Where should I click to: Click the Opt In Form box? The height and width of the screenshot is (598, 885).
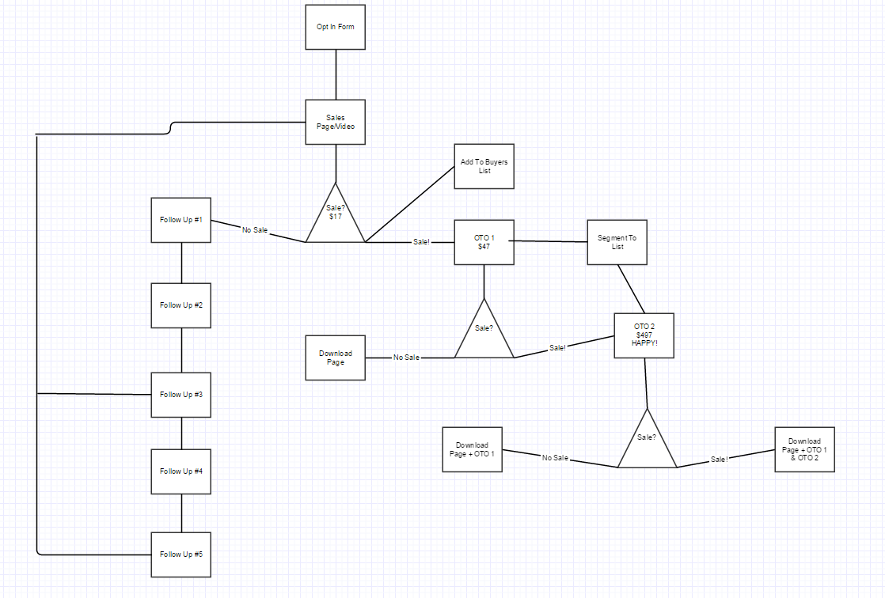336,27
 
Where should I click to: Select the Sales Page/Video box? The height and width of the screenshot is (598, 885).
336,122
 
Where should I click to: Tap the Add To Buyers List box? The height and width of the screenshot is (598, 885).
484,166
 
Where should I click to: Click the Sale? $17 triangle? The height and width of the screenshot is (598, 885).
336,218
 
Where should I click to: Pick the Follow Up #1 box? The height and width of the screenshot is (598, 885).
181,220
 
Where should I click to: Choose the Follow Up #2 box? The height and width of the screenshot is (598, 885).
181,305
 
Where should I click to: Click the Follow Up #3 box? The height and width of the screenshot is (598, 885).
181,395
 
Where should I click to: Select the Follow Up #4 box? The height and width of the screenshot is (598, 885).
181,471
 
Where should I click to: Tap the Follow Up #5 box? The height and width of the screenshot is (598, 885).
181,554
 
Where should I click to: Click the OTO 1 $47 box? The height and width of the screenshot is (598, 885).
484,242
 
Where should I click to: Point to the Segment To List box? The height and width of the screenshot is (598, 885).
617,242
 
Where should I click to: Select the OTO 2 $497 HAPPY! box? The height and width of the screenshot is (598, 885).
644,335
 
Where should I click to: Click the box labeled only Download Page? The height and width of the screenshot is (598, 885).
336,358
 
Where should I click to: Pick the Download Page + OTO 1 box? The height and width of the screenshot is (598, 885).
472,449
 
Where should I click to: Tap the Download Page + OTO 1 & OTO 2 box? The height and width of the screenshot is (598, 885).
804,449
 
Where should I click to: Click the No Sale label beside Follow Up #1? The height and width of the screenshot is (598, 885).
255,230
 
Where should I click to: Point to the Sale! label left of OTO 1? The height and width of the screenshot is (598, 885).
421,242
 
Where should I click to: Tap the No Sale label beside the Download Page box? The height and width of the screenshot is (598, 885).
406,358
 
